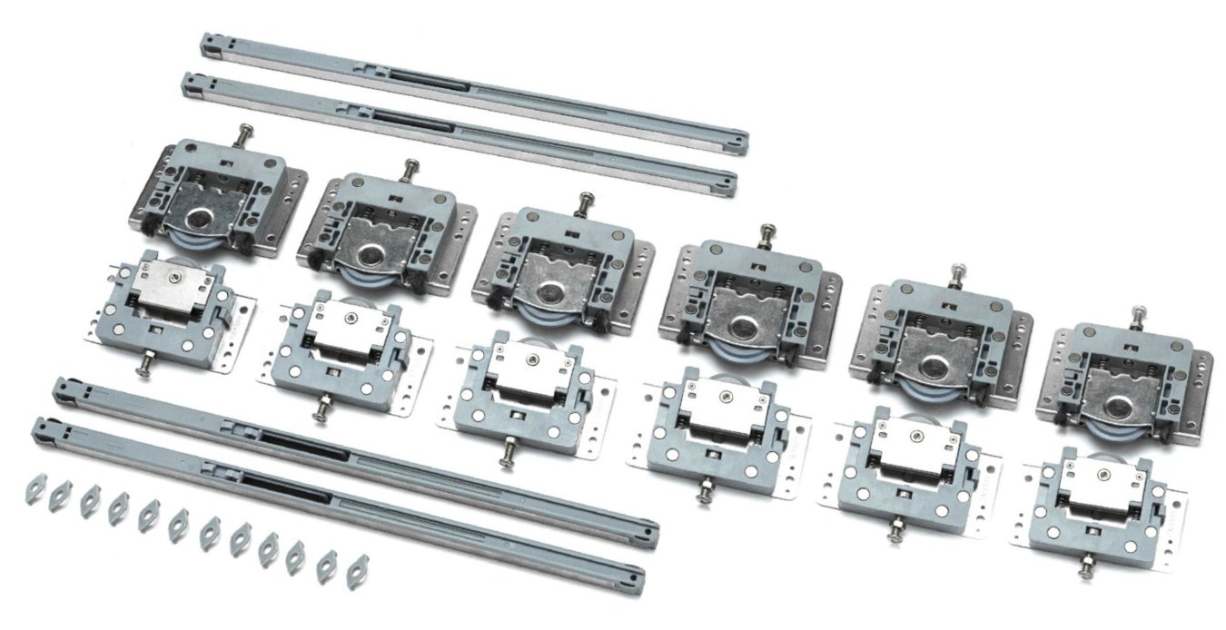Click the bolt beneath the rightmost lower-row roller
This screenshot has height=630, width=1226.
1085,570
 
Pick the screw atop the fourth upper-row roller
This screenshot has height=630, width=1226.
767,231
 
